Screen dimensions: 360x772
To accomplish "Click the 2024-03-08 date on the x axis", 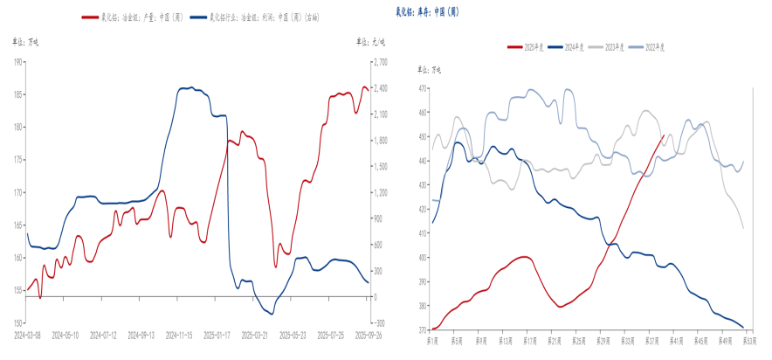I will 27,334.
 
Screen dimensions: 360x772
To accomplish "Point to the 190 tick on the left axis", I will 17,61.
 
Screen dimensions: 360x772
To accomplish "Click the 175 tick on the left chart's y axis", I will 17,159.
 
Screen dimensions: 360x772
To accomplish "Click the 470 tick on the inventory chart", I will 423,88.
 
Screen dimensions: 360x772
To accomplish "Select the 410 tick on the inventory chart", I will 423,233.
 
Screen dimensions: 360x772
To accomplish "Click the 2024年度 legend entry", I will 573,46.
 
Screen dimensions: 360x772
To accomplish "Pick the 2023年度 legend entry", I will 613,46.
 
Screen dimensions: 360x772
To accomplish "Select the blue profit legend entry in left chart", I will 258,17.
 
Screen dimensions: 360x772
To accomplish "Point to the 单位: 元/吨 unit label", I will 371,41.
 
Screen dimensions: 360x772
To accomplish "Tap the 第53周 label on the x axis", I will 748,341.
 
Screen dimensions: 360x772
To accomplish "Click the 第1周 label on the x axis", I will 431,341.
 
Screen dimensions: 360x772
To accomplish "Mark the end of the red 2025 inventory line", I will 664,135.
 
